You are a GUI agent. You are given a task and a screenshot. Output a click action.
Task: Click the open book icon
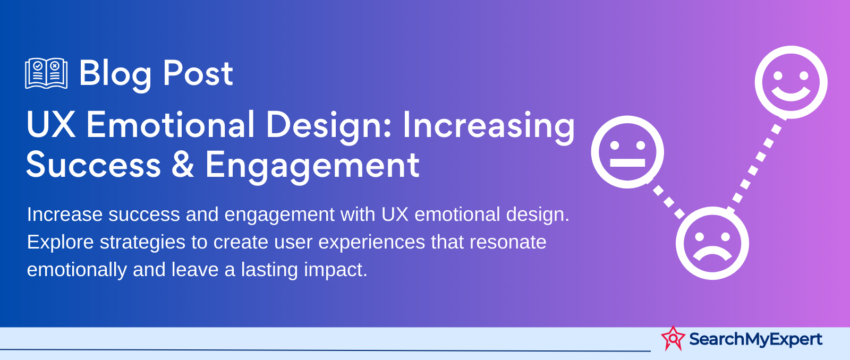click(x=46, y=73)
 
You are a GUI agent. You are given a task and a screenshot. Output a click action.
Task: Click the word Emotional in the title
click(x=171, y=125)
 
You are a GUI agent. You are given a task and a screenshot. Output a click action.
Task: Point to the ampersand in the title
click(x=183, y=165)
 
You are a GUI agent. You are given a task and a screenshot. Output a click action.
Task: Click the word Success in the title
click(x=93, y=165)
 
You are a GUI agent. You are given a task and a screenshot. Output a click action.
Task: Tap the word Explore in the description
click(x=61, y=243)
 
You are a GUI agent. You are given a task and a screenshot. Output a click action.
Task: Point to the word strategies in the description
click(x=142, y=243)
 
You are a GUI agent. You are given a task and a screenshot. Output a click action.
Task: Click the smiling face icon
click(x=791, y=82)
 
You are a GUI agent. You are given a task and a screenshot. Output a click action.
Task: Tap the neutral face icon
click(x=627, y=152)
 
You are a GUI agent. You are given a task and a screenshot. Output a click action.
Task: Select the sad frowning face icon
click(x=712, y=243)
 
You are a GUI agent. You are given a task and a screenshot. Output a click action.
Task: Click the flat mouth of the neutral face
click(x=627, y=162)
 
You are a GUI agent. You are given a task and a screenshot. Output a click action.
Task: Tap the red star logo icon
click(x=673, y=338)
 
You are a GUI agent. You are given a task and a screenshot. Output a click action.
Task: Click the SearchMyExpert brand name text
click(x=755, y=339)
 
